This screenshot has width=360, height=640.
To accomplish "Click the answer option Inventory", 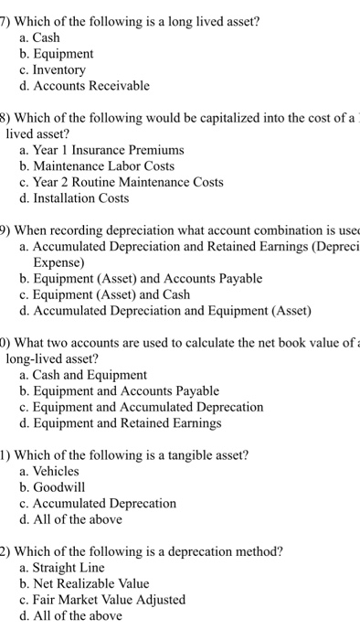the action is pyautogui.click(x=58, y=69).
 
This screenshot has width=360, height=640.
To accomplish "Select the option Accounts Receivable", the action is pyautogui.click(x=90, y=86).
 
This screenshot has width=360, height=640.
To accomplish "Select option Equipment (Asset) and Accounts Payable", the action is pyautogui.click(x=146, y=278).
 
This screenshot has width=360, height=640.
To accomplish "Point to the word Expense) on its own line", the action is pyautogui.click(x=60, y=261).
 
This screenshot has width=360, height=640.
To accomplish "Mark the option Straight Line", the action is pyautogui.click(x=74, y=567).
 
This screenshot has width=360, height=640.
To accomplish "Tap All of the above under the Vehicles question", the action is pyautogui.click(x=77, y=519).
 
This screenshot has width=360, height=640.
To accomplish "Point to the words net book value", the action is pyautogui.click(x=270, y=342).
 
